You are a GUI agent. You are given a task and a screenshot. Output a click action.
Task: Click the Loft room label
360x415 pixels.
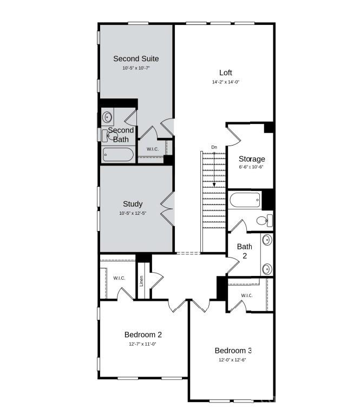(226, 73)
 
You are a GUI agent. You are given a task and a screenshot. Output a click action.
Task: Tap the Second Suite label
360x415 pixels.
(136, 58)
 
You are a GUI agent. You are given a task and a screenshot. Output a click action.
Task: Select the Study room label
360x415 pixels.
(133, 204)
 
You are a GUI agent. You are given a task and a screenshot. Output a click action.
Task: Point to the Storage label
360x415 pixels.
(252, 159)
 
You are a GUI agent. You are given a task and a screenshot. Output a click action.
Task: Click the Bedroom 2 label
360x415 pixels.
(143, 334)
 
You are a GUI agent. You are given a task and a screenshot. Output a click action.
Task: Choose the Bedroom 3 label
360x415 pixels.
(233, 350)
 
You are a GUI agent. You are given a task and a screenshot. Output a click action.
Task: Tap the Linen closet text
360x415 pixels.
(141, 281)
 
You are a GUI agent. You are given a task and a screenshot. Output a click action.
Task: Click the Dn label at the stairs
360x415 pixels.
(214, 147)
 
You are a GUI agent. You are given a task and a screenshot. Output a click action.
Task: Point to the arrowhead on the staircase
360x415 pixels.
(214, 185)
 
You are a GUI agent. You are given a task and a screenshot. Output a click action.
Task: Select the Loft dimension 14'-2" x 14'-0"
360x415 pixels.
(226, 82)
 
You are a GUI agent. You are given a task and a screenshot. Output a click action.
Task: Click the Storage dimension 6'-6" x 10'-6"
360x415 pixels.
(252, 167)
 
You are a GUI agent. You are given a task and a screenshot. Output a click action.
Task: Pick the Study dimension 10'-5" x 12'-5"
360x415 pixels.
(133, 213)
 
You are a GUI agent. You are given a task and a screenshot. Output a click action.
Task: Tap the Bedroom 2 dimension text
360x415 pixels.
(143, 344)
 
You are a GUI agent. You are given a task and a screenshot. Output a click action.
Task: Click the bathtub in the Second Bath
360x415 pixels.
(119, 155)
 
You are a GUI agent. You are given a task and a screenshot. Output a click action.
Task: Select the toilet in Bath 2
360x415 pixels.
(264, 220)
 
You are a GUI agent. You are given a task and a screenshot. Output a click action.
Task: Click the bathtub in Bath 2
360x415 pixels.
(245, 200)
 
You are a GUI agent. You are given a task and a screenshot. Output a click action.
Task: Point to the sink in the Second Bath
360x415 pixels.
(108, 116)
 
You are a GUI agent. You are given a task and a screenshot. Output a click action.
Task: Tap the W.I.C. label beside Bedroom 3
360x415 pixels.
(247, 295)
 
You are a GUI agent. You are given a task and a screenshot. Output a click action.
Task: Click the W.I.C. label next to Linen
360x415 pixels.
(119, 278)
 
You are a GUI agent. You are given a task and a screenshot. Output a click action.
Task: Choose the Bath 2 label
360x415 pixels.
(245, 251)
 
